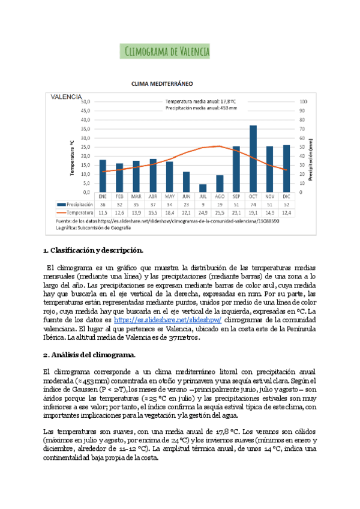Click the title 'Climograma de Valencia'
165,52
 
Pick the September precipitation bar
236,169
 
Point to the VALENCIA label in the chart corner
67,96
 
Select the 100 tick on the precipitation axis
304,101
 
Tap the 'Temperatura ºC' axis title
72,157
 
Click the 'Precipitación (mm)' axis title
311,159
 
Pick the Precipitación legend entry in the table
80,204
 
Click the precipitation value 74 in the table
253,204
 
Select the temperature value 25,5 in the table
220,212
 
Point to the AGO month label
220,196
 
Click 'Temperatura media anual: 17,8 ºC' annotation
202,101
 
